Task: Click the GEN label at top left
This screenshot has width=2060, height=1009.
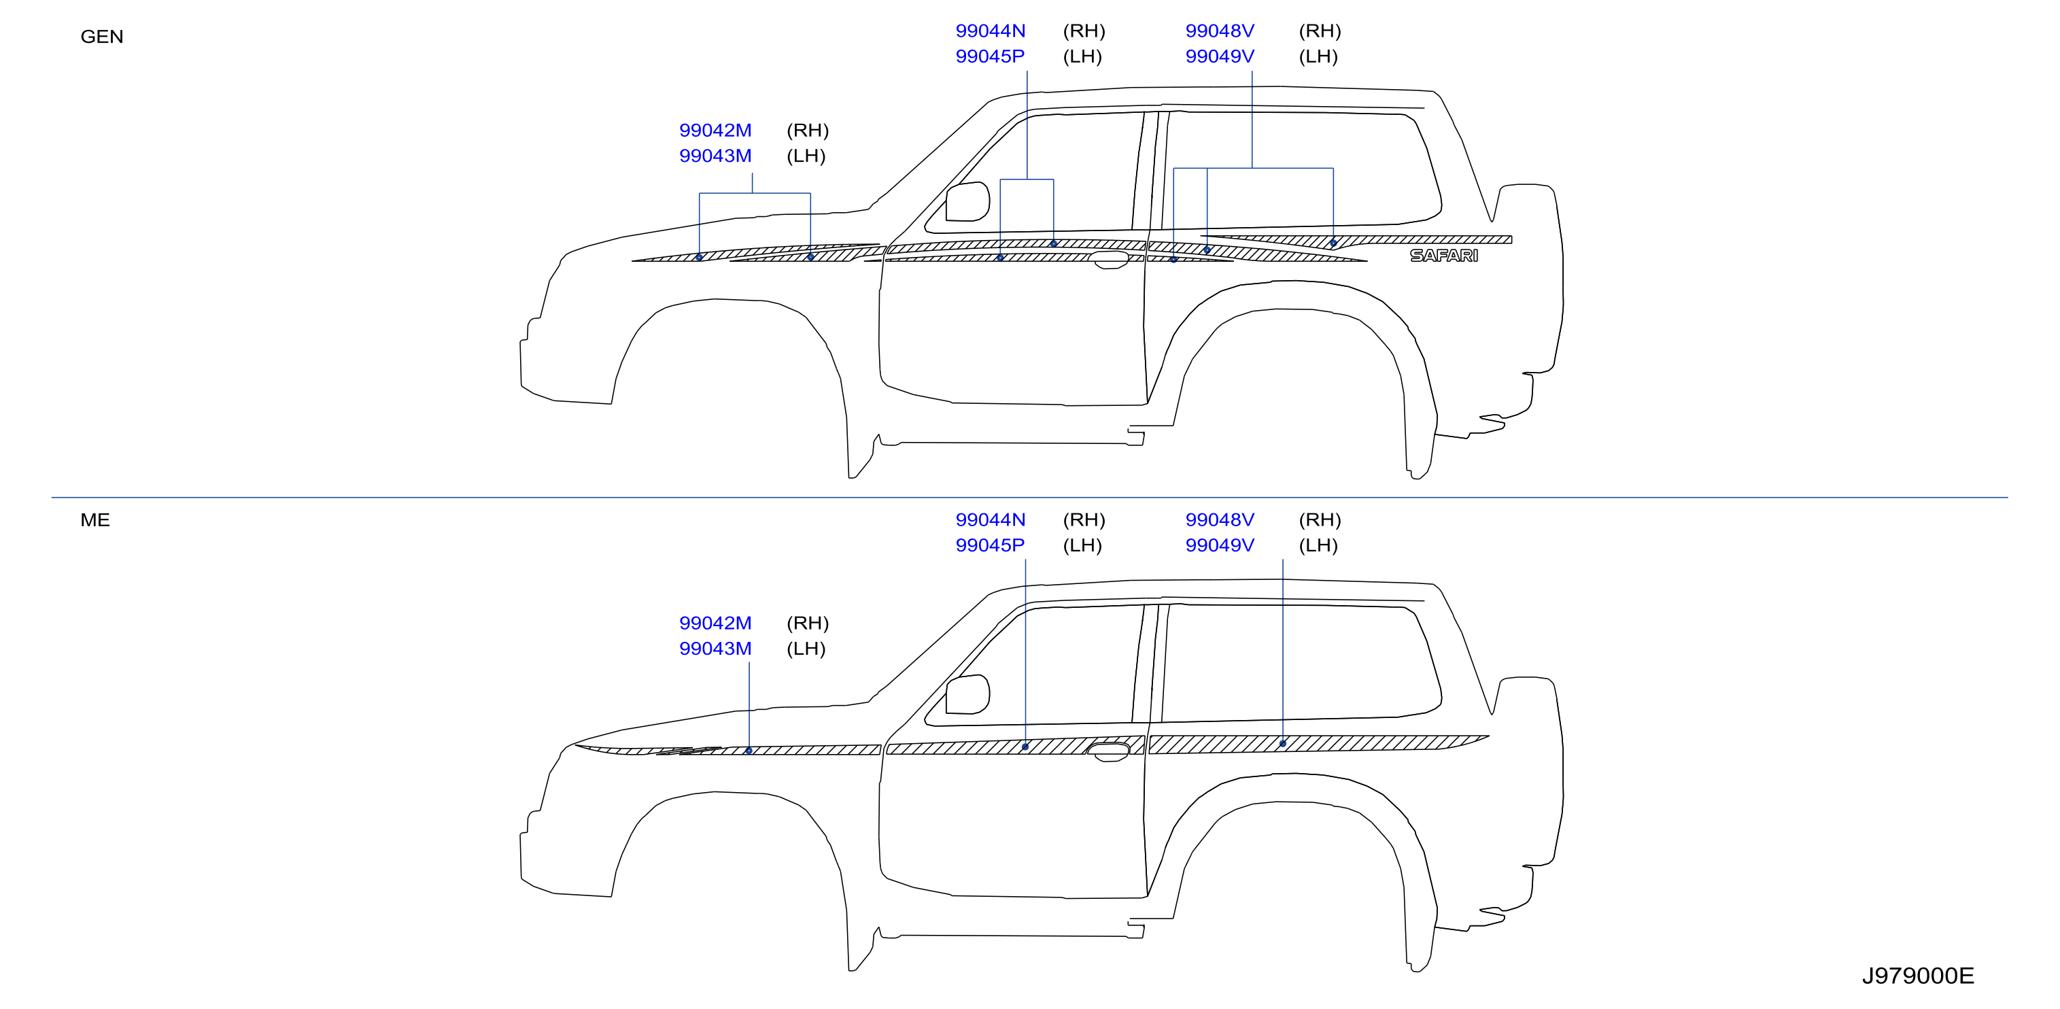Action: coord(101,37)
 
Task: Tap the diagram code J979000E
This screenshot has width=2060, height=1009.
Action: coord(1918,976)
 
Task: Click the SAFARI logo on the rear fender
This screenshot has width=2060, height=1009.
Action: coord(1443,256)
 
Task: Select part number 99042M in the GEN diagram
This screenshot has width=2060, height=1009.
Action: coord(715,131)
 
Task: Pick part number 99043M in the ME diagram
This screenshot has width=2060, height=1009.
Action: coord(715,649)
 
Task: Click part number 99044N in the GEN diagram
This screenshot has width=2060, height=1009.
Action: coord(990,31)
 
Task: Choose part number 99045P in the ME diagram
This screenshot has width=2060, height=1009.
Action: coord(990,545)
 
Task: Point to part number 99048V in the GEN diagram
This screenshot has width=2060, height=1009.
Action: coord(1220,31)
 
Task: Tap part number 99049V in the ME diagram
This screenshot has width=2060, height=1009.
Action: coord(1220,545)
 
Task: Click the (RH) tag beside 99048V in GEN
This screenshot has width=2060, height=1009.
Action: coord(1320,31)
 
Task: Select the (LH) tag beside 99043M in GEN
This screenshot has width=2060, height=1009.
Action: coord(806,156)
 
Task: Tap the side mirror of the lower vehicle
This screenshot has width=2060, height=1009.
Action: coord(967,694)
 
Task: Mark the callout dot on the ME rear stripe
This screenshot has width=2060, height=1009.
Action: coord(1283,744)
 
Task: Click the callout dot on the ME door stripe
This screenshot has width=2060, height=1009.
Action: coord(1025,747)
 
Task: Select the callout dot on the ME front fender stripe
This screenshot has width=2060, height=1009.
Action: coord(749,751)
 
